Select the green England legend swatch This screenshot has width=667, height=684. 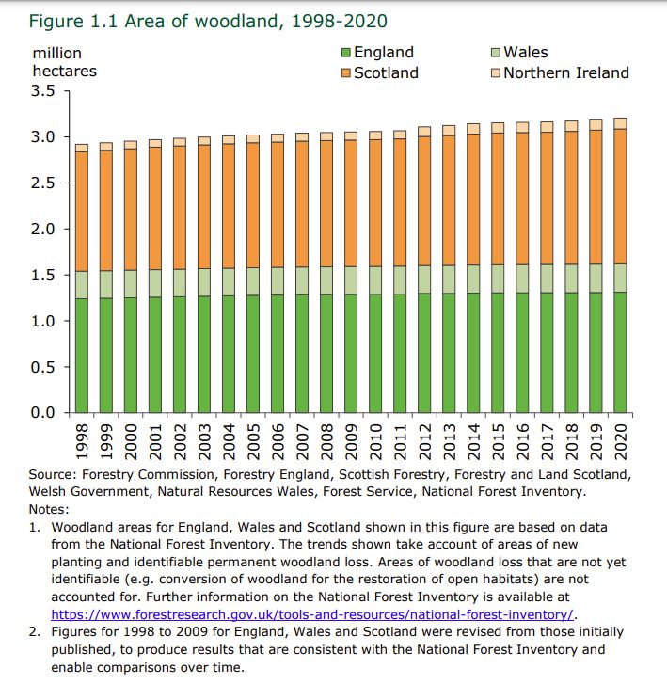[x=346, y=54]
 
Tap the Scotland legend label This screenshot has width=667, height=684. [x=386, y=72]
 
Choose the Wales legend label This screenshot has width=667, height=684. [x=526, y=54]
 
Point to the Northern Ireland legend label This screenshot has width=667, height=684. [x=566, y=72]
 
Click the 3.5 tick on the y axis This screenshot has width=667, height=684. [x=45, y=91]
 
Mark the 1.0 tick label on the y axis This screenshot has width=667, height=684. [x=45, y=321]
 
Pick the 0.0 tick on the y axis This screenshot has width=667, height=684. [x=45, y=413]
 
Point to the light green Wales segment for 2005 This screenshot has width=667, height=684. [x=254, y=281]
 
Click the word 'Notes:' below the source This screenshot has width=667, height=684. [x=50, y=507]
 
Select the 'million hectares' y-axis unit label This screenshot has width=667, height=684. [x=63, y=62]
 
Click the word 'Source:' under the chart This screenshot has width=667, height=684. [x=55, y=475]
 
